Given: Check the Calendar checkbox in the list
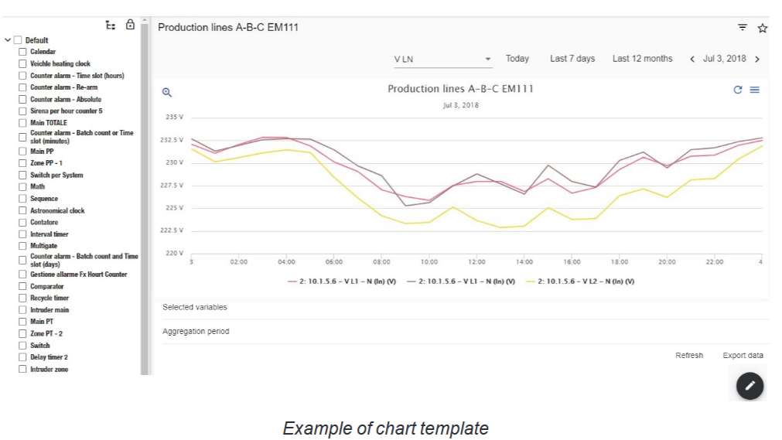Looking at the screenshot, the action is pyautogui.click(x=22, y=52).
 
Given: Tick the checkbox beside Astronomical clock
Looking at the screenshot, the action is pyautogui.click(x=22, y=210).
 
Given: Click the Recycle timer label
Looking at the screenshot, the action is pyautogui.click(x=50, y=298).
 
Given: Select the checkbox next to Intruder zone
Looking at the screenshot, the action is pyautogui.click(x=22, y=369).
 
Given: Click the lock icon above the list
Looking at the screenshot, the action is pyautogui.click(x=130, y=25).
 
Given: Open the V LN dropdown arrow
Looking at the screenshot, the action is pyautogui.click(x=488, y=59).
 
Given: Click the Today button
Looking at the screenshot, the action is pyautogui.click(x=517, y=58).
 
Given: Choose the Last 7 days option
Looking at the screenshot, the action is pyautogui.click(x=572, y=58).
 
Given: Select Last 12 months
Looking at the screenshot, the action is pyautogui.click(x=642, y=58).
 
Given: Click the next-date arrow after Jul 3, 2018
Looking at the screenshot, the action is pyautogui.click(x=757, y=59).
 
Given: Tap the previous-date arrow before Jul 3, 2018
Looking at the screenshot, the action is pyautogui.click(x=692, y=59).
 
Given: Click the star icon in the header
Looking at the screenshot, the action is pyautogui.click(x=762, y=28).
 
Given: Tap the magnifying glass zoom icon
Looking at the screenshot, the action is pyautogui.click(x=166, y=92).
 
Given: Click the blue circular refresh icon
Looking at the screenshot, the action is pyautogui.click(x=738, y=90).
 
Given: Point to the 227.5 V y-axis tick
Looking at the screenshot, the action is pyautogui.click(x=172, y=185).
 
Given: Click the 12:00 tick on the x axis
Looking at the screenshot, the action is pyautogui.click(x=476, y=262).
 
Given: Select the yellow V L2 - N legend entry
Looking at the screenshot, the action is pyautogui.click(x=581, y=281).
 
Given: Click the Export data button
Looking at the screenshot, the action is pyautogui.click(x=743, y=355).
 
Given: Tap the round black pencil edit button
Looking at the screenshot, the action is pyautogui.click(x=750, y=386).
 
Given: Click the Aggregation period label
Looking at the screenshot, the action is pyautogui.click(x=196, y=331).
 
